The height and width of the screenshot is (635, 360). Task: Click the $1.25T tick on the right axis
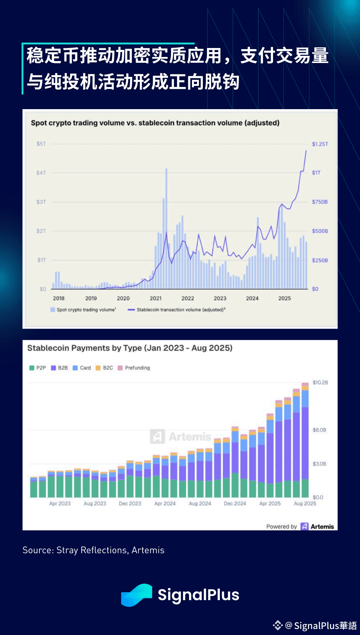coord(319,144)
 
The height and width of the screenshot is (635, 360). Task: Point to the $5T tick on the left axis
coord(41,144)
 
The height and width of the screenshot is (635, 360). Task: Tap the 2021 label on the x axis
coord(156,298)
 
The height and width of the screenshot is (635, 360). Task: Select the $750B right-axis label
coord(319,202)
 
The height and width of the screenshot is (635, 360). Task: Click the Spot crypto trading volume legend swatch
coord(53,310)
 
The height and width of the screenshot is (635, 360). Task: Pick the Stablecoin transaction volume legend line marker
coord(131,310)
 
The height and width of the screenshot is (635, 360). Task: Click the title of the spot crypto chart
coord(155,123)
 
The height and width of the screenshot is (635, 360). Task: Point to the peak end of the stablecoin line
coord(306,151)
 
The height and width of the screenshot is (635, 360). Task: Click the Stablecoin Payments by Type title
coord(130,348)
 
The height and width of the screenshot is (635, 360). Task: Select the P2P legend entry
coord(37,368)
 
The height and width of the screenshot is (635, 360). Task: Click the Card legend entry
coord(82,368)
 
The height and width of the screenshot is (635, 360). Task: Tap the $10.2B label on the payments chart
coord(320,383)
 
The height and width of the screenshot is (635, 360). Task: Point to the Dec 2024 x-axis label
coord(235,503)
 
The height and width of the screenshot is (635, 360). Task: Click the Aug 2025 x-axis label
coord(305,503)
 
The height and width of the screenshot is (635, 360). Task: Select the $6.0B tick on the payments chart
coord(319,430)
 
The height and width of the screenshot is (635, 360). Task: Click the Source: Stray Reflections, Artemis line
coord(93,550)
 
